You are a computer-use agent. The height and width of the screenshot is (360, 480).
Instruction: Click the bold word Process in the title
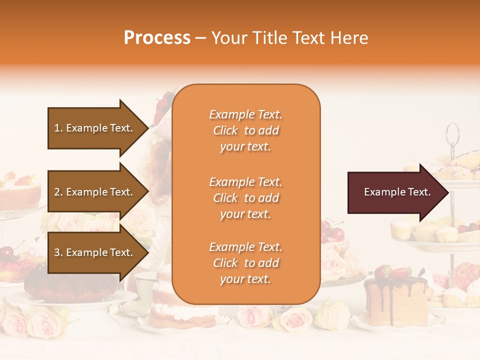pos(157,38)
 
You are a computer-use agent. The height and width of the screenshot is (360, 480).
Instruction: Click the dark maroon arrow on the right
pos(397,192)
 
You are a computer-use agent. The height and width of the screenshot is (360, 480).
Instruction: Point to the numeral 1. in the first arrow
pos(58,128)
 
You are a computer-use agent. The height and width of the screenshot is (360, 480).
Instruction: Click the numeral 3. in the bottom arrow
pos(58,252)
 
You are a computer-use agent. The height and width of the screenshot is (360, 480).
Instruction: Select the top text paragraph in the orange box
pos(245,130)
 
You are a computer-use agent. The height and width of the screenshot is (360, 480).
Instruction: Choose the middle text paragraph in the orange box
pos(245,198)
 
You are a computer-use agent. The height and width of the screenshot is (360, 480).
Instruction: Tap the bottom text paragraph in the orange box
pos(245,263)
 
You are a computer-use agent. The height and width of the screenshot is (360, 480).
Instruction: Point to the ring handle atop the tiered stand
pos(452,133)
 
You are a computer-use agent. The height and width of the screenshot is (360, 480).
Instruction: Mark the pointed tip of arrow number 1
pos(147,128)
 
